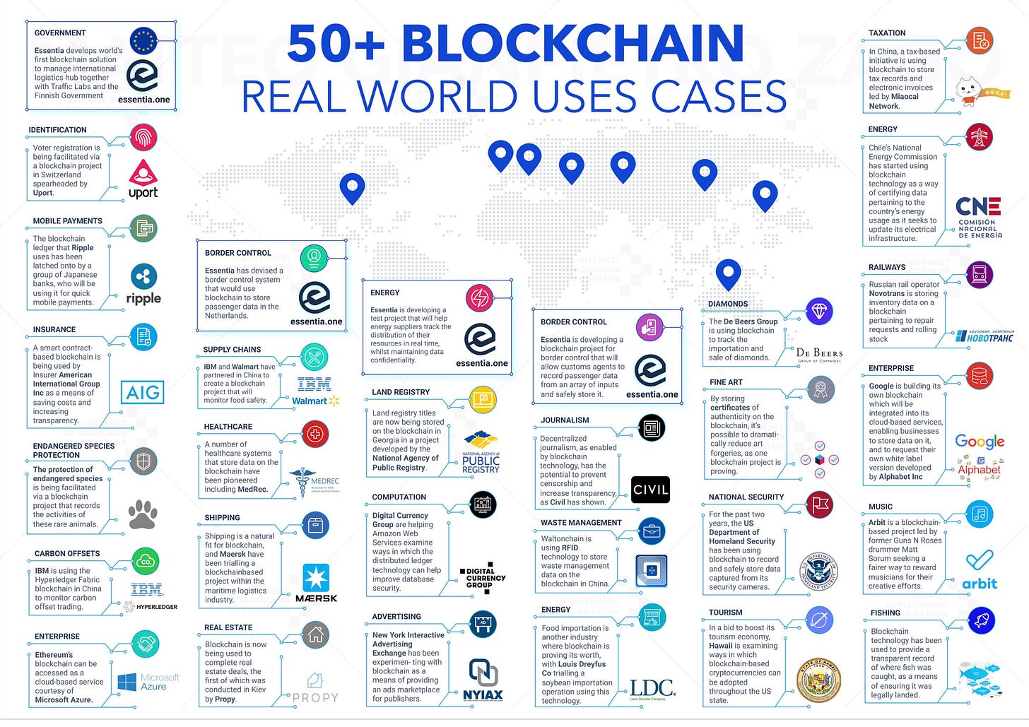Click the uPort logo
click(x=143, y=179)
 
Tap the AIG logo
click(x=143, y=392)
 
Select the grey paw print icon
click(x=143, y=514)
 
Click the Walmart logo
click(x=315, y=401)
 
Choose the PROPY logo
click(x=315, y=689)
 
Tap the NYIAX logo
click(x=483, y=680)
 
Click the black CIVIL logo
click(x=650, y=490)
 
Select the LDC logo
click(x=652, y=689)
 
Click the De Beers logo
click(x=819, y=354)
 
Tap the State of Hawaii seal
click(x=818, y=681)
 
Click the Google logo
click(x=980, y=442)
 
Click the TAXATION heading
click(x=887, y=33)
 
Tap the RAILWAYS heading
click(x=887, y=267)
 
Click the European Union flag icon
click(x=143, y=40)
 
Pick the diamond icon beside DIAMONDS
click(x=820, y=311)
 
